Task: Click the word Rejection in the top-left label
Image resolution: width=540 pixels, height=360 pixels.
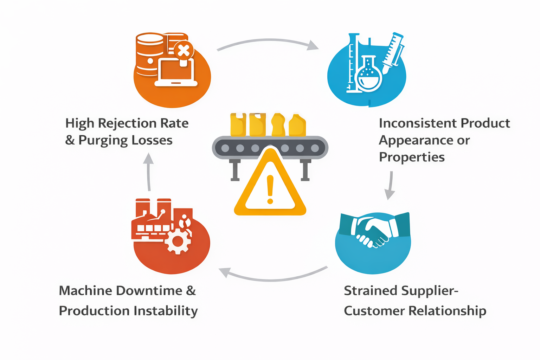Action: pyautogui.click(x=127, y=123)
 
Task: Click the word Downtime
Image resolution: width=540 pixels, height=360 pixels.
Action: pyautogui.click(x=149, y=291)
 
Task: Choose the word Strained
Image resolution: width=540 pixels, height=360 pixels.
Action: pyautogui.click(x=370, y=291)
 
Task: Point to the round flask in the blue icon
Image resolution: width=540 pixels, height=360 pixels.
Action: pyautogui.click(x=369, y=76)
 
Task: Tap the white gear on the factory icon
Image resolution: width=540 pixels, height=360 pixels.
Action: pyautogui.click(x=178, y=241)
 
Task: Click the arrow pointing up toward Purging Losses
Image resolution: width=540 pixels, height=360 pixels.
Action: pyautogui.click(x=149, y=172)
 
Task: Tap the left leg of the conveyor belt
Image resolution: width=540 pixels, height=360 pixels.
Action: pyautogui.click(x=235, y=171)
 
